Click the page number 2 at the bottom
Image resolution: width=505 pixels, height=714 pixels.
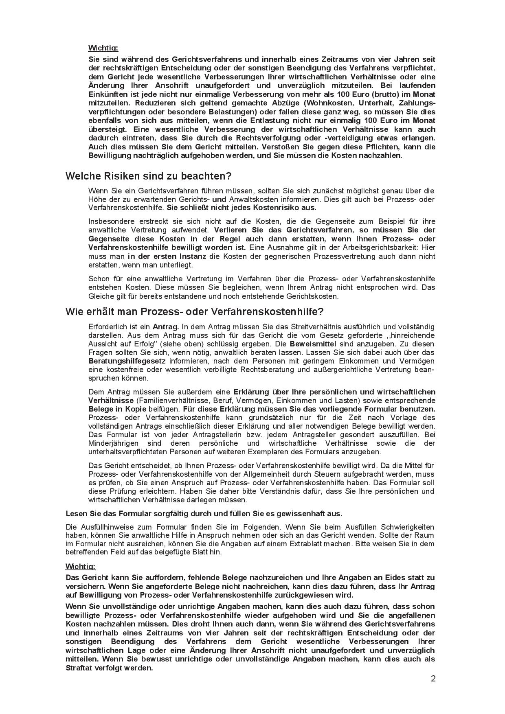pyautogui.click(x=433, y=679)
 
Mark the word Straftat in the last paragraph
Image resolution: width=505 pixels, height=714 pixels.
pyautogui.click(x=80, y=668)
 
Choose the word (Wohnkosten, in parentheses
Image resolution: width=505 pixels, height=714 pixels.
pyautogui.click(x=330, y=103)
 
